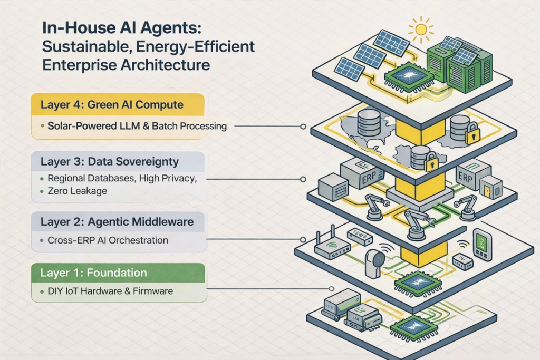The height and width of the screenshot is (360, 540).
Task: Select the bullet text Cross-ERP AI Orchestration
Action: coord(108,240)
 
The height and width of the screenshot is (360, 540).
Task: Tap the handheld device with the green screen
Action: coord(483,245)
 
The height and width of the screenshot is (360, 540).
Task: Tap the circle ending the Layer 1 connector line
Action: coord(331,288)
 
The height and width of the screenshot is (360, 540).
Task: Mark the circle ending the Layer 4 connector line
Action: coord(303,127)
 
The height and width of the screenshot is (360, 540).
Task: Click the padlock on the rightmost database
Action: coord(472,135)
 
